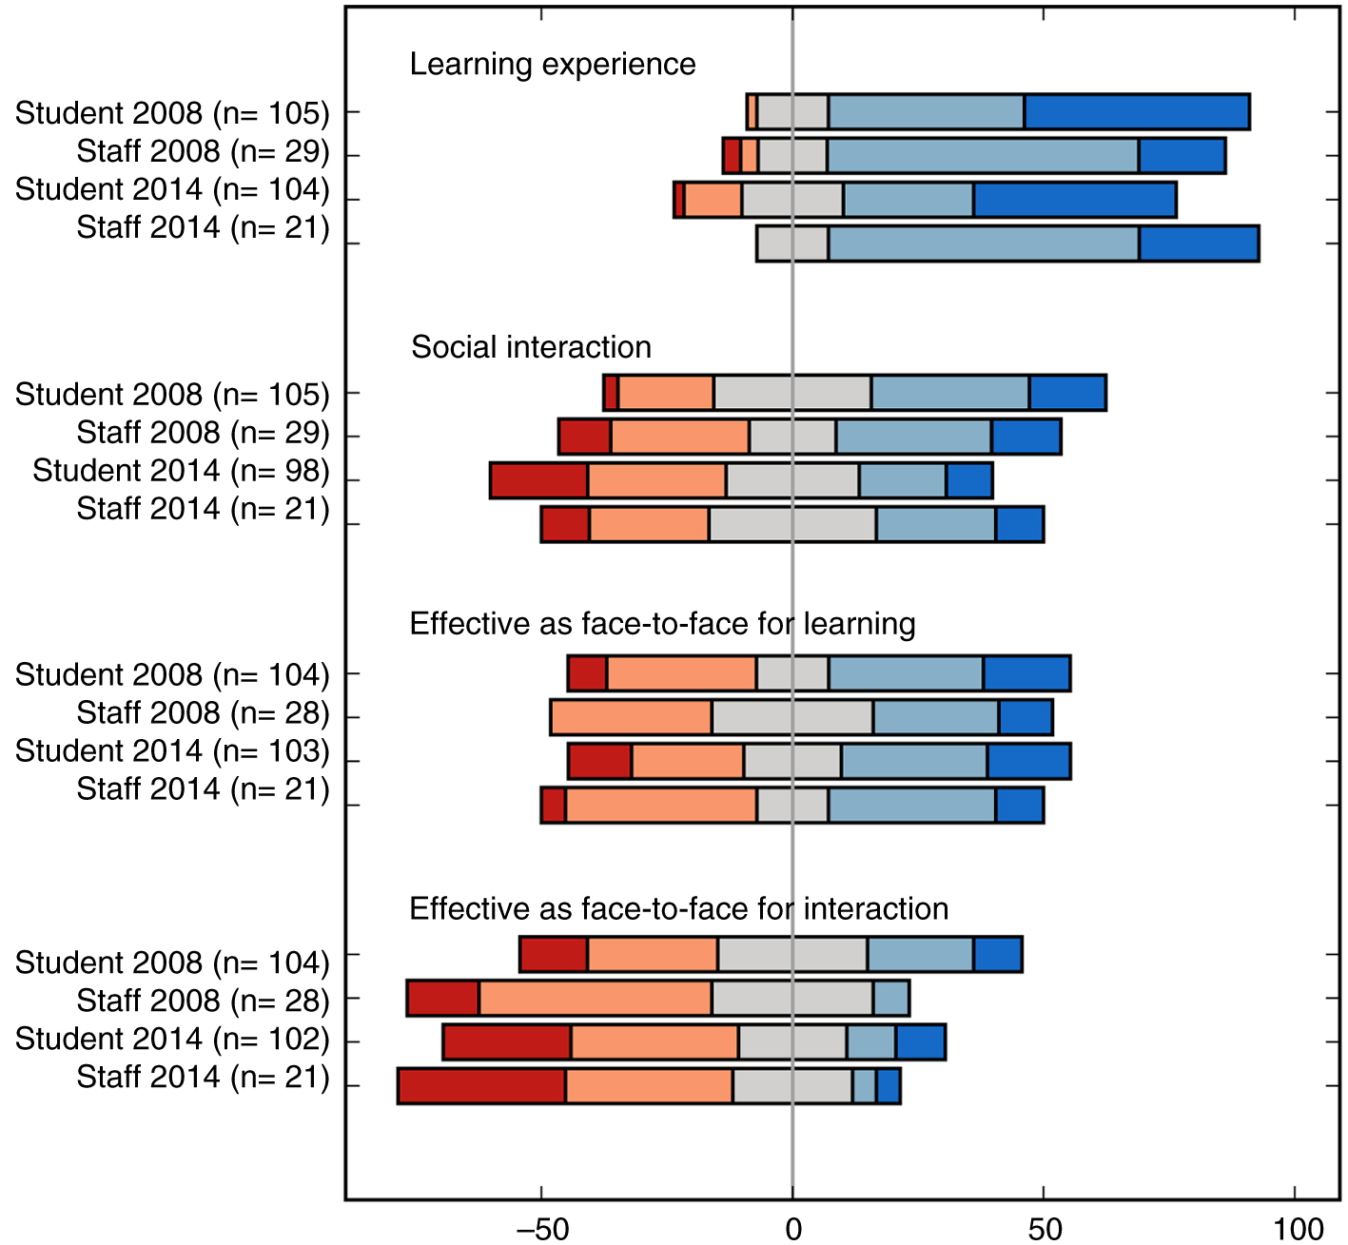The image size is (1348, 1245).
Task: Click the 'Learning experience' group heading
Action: pyautogui.click(x=553, y=64)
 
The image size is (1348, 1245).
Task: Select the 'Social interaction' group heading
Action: pyautogui.click(x=531, y=347)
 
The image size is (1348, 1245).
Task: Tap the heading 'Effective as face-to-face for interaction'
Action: pyautogui.click(x=678, y=908)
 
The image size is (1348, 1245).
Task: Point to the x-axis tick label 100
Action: pyautogui.click(x=1299, y=1229)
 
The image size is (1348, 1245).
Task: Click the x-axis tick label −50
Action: pyautogui.click(x=541, y=1229)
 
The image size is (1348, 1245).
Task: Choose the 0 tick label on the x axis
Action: pyautogui.click(x=793, y=1229)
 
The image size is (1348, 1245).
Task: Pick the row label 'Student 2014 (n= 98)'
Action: pyautogui.click(x=181, y=471)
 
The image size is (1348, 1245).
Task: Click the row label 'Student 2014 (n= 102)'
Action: pyautogui.click(x=172, y=1039)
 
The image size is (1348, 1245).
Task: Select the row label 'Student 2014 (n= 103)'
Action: pyautogui.click(x=172, y=750)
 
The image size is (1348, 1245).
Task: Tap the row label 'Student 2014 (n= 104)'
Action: pyautogui.click(x=172, y=189)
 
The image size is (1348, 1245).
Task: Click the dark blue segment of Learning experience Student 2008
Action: pyautogui.click(x=1137, y=112)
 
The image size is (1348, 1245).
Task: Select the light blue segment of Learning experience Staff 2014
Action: pyautogui.click(x=984, y=243)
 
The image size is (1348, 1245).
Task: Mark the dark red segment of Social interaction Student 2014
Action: pyautogui.click(x=538, y=480)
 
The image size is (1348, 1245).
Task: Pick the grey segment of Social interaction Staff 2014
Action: pyautogui.click(x=792, y=525)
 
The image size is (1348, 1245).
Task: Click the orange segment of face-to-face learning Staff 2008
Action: pyautogui.click(x=631, y=717)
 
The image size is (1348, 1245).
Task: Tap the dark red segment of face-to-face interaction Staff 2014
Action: pyautogui.click(x=481, y=1086)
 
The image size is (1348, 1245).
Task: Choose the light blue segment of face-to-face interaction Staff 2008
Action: pyautogui.click(x=891, y=999)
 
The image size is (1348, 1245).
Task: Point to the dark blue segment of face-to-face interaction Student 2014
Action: pyautogui.click(x=920, y=1042)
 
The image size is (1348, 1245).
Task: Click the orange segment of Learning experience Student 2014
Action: pyautogui.click(x=713, y=200)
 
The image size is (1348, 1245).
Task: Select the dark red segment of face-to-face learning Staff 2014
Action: pyautogui.click(x=553, y=806)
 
